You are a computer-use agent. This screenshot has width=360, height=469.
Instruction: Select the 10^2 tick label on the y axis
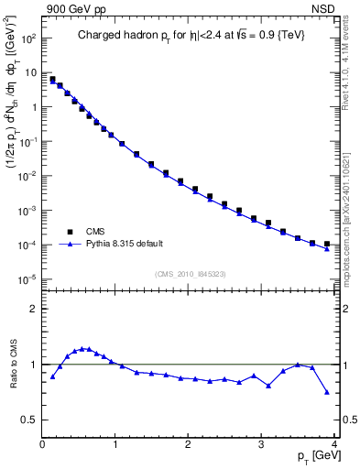click(x=27, y=38)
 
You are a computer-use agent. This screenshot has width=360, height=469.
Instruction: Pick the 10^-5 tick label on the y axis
click(x=27, y=279)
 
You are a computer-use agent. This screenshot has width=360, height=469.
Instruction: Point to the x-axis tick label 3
click(x=262, y=445)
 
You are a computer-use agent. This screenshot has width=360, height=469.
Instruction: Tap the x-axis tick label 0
click(x=43, y=445)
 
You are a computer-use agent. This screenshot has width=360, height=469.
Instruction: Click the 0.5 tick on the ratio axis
click(x=29, y=420)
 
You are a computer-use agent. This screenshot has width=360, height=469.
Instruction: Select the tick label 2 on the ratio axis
click(x=33, y=309)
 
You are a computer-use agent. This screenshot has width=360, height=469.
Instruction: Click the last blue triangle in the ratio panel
click(x=327, y=392)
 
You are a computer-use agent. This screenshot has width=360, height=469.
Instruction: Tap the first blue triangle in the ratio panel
click(x=52, y=376)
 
